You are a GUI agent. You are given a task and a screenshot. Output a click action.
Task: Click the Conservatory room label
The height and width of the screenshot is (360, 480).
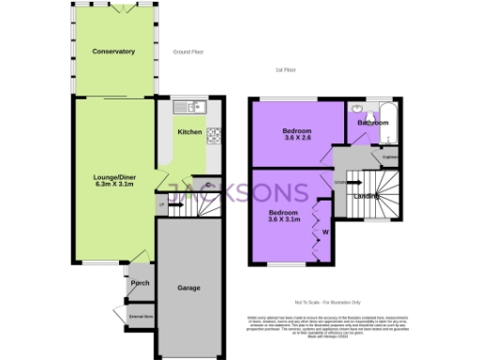point(113,52)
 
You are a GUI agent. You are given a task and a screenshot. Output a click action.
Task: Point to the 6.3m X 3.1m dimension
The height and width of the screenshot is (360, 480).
point(113,185)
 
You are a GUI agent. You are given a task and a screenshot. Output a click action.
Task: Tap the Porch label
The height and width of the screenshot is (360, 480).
point(141,283)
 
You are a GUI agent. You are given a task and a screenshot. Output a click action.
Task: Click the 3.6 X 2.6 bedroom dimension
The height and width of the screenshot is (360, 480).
point(297,137)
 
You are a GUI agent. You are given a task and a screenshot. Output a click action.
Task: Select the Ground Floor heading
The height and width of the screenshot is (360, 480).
point(189,52)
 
